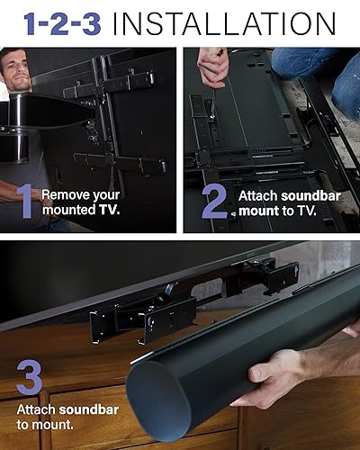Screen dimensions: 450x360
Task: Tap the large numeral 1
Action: click(x=25, y=202)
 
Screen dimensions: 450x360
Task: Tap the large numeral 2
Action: click(x=213, y=202)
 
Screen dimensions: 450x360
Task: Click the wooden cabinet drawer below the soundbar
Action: click(x=81, y=423)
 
